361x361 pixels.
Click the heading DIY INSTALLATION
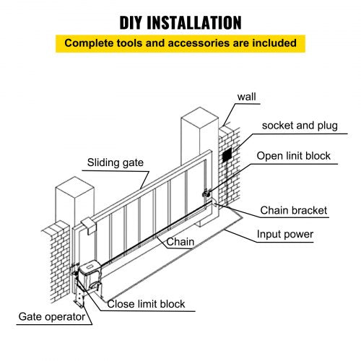point(180,22)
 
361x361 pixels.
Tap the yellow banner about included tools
point(180,43)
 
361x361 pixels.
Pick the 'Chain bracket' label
point(293,211)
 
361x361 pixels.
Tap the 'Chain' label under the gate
point(180,242)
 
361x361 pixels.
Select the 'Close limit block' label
point(147,304)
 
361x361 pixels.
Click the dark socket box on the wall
point(227,156)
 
